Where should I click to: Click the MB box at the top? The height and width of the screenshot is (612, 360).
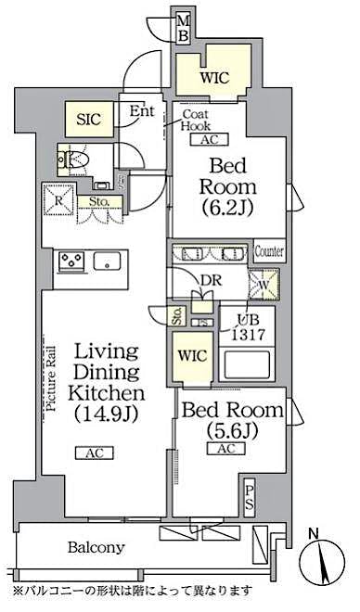(184, 27)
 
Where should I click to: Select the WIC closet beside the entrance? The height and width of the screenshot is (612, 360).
(213, 77)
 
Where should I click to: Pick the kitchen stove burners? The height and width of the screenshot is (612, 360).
(71, 261)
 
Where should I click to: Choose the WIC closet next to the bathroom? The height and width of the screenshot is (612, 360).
(194, 355)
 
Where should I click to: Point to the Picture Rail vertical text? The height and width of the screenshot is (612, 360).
(52, 378)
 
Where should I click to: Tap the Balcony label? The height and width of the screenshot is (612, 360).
(96, 549)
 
